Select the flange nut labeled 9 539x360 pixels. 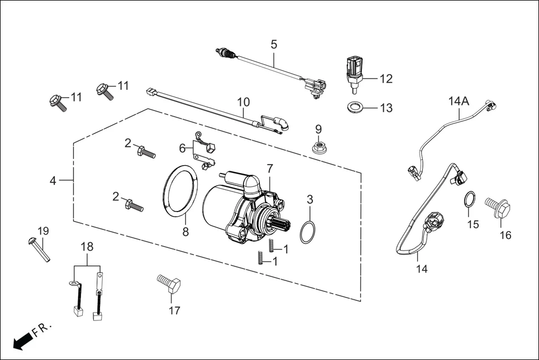coord(319,147)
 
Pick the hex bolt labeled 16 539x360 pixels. coord(499,209)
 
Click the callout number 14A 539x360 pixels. coord(458,101)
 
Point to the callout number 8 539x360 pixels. coord(185,232)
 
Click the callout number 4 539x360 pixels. coord(53,181)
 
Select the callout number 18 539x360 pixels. coord(87,246)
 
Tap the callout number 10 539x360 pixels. coord(243,102)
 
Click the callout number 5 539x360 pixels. coord(274,44)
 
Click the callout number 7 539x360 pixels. coord(270,168)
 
